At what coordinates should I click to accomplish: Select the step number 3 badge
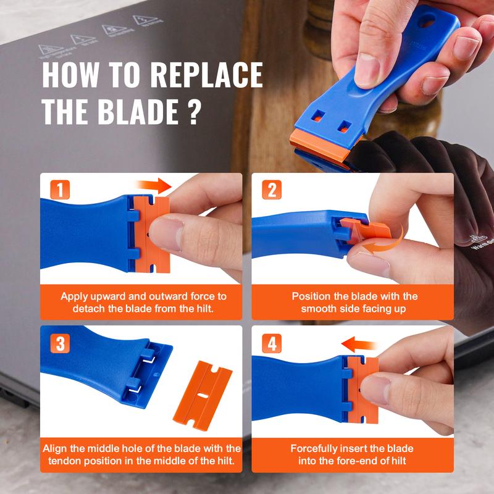pos(59,344)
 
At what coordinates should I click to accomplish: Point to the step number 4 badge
pos(271,344)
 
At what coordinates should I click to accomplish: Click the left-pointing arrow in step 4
pos(361,343)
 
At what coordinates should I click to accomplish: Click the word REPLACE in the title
pos(206,75)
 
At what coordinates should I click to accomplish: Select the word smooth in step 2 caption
pos(319,308)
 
